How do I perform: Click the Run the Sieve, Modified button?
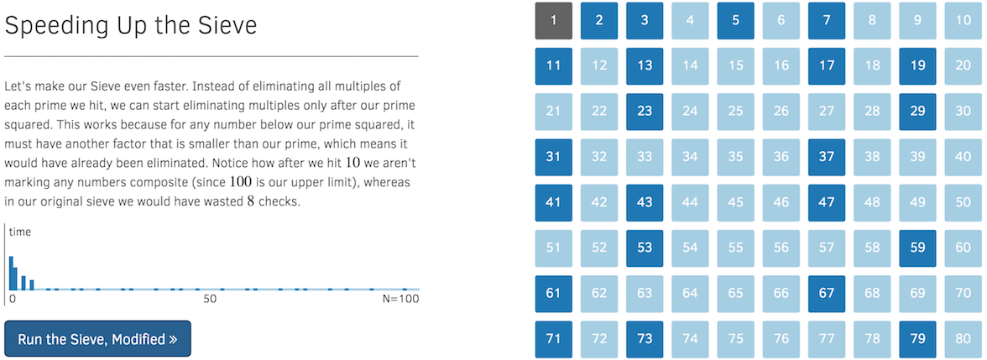97,339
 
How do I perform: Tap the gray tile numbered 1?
554,20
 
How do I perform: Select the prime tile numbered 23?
645,111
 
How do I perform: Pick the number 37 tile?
827,156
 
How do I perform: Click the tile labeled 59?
917,248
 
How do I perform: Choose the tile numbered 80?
963,339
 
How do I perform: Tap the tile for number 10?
963,20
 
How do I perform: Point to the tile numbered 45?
736,202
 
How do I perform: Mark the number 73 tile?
645,339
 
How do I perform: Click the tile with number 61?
554,293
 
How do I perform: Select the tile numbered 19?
917,65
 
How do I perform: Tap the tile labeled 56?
781,248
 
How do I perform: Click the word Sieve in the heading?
227,26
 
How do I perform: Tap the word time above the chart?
20,232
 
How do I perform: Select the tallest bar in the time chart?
12,273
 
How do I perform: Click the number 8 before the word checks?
251,202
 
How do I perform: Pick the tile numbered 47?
827,202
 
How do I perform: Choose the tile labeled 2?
599,20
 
